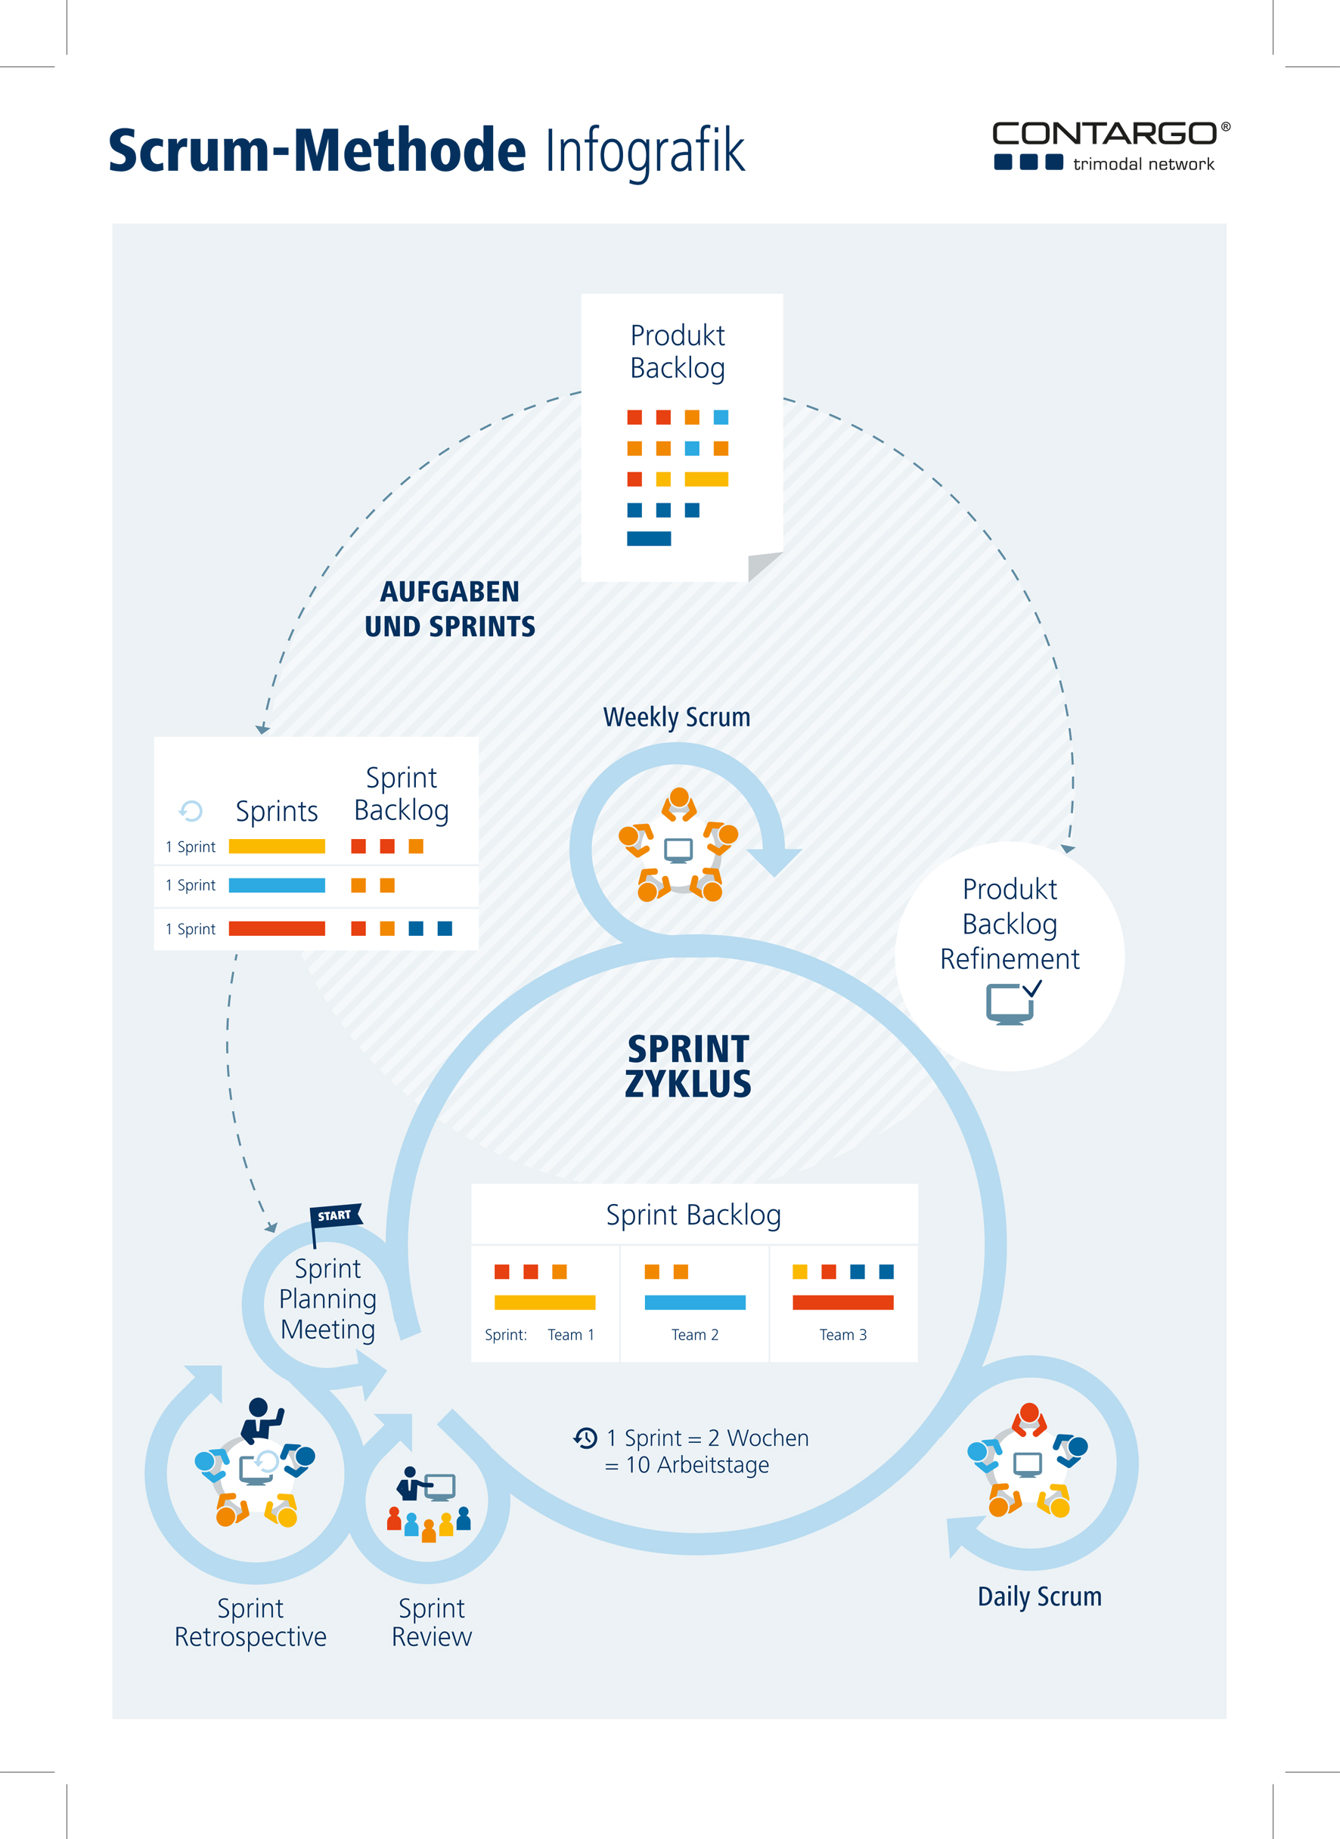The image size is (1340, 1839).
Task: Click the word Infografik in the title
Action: point(645,152)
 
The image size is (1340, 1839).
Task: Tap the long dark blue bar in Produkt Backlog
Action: point(649,538)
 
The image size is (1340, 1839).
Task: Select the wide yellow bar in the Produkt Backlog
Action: point(706,479)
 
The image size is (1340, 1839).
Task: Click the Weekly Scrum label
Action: point(677,717)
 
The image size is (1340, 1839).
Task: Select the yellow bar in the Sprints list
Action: point(277,847)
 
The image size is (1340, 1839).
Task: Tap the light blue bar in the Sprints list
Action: point(277,885)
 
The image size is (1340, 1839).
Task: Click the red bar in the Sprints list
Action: point(277,928)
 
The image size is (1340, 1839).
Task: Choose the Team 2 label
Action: point(695,1335)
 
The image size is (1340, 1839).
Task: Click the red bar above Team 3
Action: point(842,1302)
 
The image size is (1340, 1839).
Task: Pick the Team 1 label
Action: point(571,1335)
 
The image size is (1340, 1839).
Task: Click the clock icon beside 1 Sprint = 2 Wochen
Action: point(585,1438)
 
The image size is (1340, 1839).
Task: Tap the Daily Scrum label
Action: point(1040,1596)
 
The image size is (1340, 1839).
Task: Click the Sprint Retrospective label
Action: point(250,1623)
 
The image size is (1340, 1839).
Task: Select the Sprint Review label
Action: point(432,1623)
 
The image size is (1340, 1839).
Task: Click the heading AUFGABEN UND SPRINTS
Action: point(450,609)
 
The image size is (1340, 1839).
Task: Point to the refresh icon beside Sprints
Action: point(191,810)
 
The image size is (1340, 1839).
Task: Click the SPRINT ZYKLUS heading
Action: point(688,1067)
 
